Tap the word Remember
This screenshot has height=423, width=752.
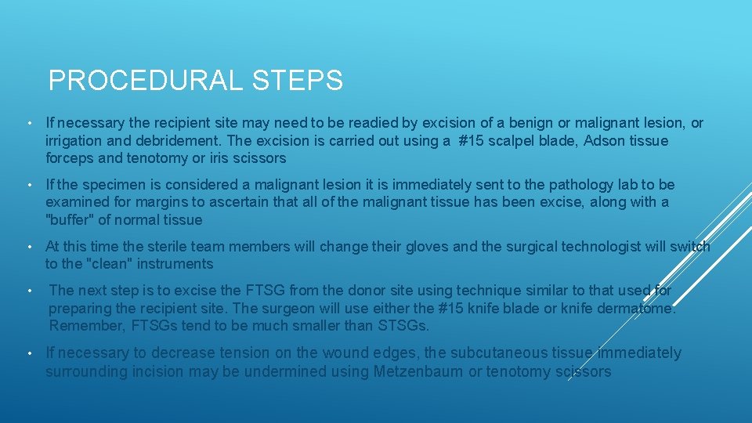pos(84,326)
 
